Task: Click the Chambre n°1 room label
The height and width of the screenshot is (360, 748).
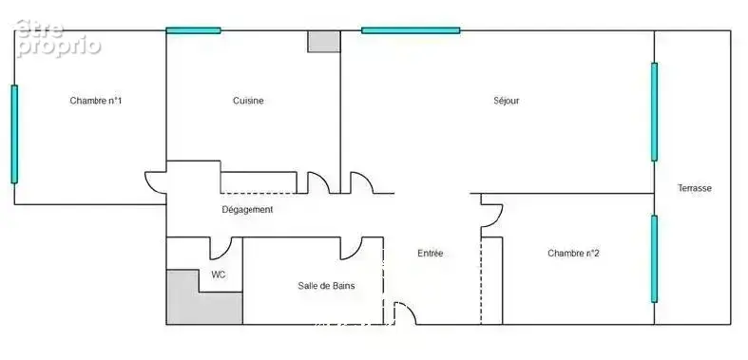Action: pyautogui.click(x=95, y=101)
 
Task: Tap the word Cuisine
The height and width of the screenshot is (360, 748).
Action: pyautogui.click(x=248, y=101)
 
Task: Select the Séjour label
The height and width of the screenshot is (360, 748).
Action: pyautogui.click(x=507, y=101)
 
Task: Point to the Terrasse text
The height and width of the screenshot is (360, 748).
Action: pyautogui.click(x=695, y=188)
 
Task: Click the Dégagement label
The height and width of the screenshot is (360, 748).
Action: pyautogui.click(x=247, y=209)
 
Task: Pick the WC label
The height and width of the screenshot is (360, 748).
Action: pyautogui.click(x=219, y=275)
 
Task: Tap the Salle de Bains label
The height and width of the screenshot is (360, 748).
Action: pyautogui.click(x=326, y=286)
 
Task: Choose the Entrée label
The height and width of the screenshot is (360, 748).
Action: pyautogui.click(x=431, y=254)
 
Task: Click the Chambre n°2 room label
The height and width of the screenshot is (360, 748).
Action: pyautogui.click(x=573, y=254)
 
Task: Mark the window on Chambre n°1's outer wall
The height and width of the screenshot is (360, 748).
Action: pyautogui.click(x=14, y=134)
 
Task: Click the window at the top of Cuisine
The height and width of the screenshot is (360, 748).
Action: pyautogui.click(x=193, y=30)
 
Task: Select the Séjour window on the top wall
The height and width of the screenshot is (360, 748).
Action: pyautogui.click(x=411, y=30)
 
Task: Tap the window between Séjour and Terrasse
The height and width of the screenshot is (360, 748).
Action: pyautogui.click(x=654, y=111)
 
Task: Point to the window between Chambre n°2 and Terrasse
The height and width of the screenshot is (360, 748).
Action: pyautogui.click(x=654, y=259)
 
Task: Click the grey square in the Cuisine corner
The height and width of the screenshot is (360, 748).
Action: pyautogui.click(x=324, y=42)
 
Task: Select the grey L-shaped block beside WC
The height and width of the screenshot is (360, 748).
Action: pyautogui.click(x=191, y=305)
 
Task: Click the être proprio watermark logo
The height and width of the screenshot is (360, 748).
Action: pyautogui.click(x=58, y=39)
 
